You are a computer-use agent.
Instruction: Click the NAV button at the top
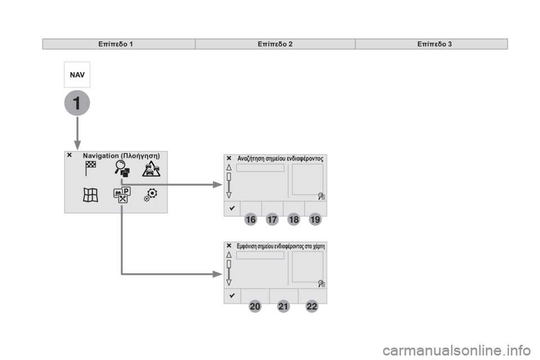77,75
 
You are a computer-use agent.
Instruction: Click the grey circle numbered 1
77,103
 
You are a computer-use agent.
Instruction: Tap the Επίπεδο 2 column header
275,44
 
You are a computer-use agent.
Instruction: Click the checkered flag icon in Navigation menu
90,168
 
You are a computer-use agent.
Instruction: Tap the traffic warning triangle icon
151,169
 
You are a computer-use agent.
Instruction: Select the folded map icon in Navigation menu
91,195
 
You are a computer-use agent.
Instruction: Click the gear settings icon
151,195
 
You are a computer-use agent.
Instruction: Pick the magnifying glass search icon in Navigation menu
122,169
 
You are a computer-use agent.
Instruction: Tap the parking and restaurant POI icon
122,195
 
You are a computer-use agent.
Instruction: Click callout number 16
251,219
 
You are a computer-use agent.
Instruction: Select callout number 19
315,219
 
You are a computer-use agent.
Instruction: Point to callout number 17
272,219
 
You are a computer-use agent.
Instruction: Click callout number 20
255,306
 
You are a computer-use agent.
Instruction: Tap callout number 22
312,306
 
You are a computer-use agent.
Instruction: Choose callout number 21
283,306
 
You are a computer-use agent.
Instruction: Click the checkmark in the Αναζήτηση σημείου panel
232,208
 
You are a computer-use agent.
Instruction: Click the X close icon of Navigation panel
70,155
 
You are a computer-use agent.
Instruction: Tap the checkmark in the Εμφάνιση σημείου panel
232,295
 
